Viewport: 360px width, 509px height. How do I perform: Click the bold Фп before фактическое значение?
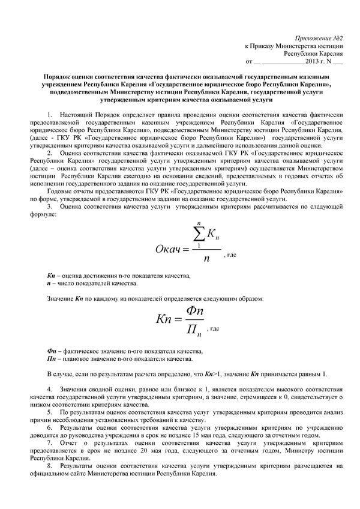pos(51,351)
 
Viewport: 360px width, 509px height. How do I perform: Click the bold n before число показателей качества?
pos(49,282)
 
